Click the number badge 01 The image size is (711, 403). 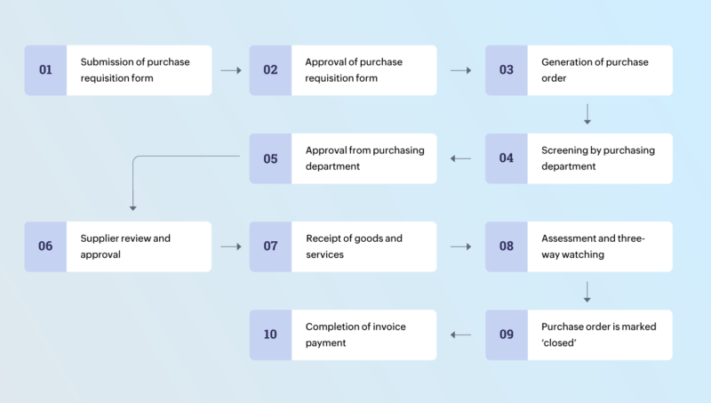(x=45, y=70)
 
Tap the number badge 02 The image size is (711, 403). (x=270, y=70)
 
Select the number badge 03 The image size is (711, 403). (x=506, y=70)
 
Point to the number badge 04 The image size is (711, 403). (x=506, y=158)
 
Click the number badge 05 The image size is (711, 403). (x=270, y=158)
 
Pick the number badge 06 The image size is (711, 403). (x=45, y=246)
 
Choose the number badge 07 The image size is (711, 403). (x=270, y=246)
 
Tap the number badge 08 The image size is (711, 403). (x=506, y=246)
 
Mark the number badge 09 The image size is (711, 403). (x=506, y=334)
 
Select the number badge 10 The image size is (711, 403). (x=270, y=334)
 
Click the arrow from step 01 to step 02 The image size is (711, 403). (x=230, y=70)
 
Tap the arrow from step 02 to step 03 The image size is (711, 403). (x=460, y=70)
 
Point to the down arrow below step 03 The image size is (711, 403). (x=587, y=114)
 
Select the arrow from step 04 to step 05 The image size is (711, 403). (x=460, y=158)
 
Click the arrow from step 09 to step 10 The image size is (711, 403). (x=460, y=334)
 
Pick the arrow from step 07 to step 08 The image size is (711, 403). (x=460, y=246)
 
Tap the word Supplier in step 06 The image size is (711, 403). (x=100, y=238)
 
